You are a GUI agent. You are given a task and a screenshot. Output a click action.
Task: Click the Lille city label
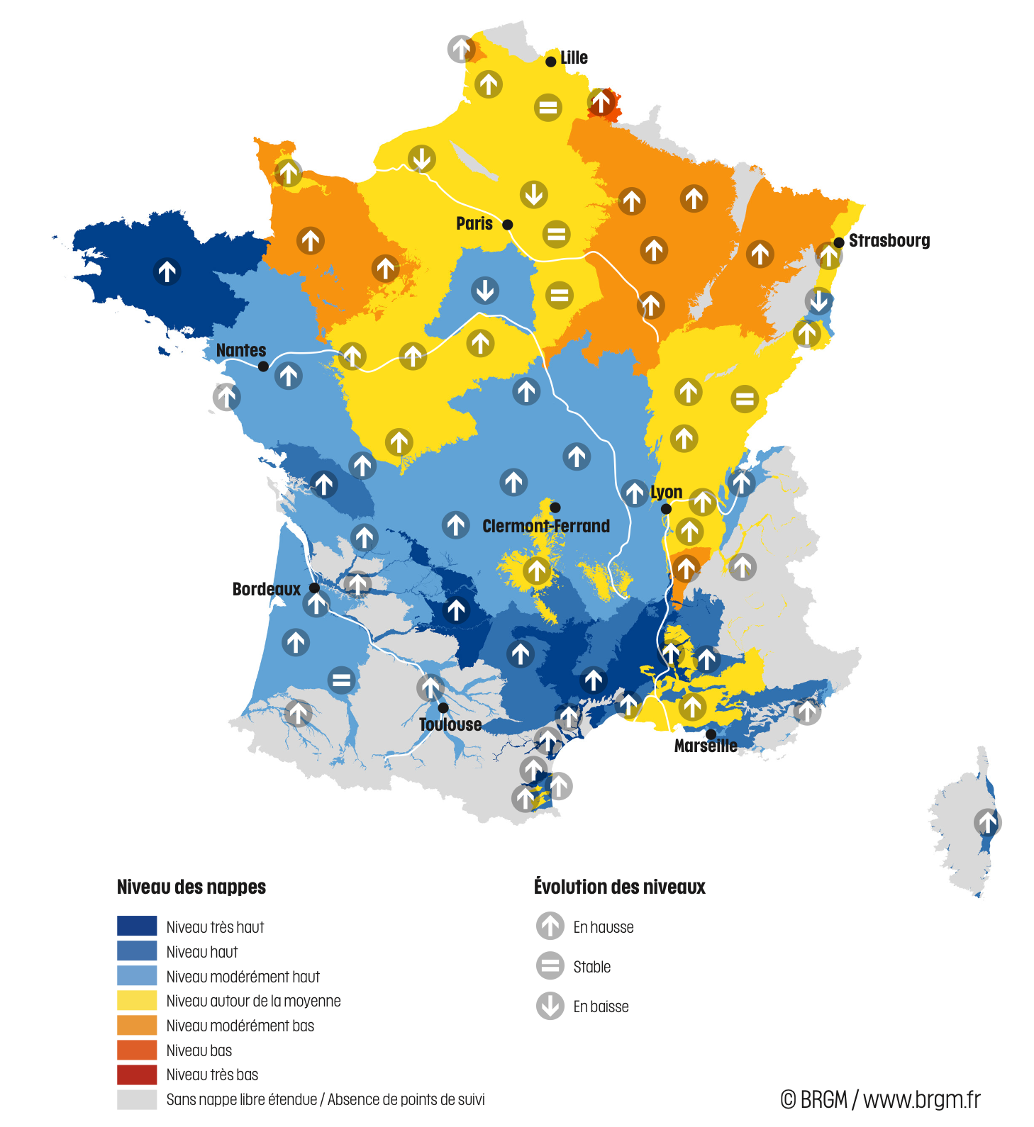pyautogui.click(x=574, y=57)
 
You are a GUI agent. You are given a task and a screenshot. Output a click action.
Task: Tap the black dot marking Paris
pyautogui.click(x=508, y=225)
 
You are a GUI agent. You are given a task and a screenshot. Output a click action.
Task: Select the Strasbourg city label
pyautogui.click(x=889, y=240)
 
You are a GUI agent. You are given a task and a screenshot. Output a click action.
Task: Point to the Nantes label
pyautogui.click(x=241, y=350)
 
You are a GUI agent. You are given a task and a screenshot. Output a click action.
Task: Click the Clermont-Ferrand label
pyautogui.click(x=546, y=526)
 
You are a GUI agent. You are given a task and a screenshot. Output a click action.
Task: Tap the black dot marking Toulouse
pyautogui.click(x=443, y=707)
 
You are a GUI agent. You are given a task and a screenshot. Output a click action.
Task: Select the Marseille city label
pyautogui.click(x=705, y=746)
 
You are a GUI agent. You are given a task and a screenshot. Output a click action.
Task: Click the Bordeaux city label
pyautogui.click(x=266, y=589)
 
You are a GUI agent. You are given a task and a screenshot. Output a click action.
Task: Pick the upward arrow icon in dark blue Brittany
pyautogui.click(x=167, y=271)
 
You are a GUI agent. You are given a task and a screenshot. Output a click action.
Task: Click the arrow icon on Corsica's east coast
pyautogui.click(x=987, y=823)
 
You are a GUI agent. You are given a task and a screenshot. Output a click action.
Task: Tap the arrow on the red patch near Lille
pyautogui.click(x=601, y=102)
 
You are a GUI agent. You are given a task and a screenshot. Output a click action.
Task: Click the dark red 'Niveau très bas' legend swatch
pyautogui.click(x=137, y=1075)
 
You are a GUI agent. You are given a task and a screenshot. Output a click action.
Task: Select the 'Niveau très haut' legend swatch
pyautogui.click(x=137, y=926)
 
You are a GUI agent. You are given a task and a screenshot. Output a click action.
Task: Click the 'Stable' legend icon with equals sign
pyautogui.click(x=550, y=965)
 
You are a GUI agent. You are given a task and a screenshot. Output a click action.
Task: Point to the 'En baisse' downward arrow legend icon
pyautogui.click(x=550, y=1006)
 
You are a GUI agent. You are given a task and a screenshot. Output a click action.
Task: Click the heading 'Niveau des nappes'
pyautogui.click(x=191, y=887)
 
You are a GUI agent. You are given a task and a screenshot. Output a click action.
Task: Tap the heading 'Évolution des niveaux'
pyautogui.click(x=619, y=887)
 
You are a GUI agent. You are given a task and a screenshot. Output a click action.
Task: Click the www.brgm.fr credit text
pyautogui.click(x=921, y=1099)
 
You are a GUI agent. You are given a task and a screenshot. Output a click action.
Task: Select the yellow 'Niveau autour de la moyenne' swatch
pyautogui.click(x=137, y=1000)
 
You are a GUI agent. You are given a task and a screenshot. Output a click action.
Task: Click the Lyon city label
pyautogui.click(x=667, y=492)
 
